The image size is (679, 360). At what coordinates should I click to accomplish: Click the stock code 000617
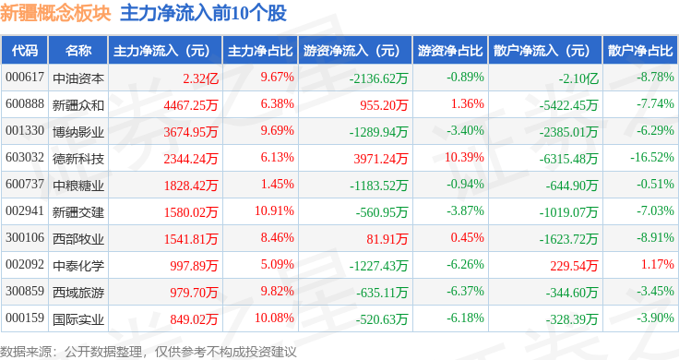tap(25, 78)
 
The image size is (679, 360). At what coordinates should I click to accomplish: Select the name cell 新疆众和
tap(78, 105)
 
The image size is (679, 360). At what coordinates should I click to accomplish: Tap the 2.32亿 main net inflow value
tap(200, 78)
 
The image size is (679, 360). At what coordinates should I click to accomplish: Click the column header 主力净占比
tap(260, 51)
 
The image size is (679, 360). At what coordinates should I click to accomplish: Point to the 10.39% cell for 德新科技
tap(464, 157)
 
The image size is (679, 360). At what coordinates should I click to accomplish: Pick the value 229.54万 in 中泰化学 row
tap(574, 266)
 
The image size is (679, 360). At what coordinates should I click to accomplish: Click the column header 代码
tap(25, 51)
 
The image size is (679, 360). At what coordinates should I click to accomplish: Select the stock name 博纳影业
tap(78, 132)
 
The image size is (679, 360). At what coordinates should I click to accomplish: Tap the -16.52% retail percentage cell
tap(652, 157)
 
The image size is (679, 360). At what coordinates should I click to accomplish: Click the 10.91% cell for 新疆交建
tap(275, 210)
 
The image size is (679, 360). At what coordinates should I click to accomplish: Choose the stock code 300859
tap(25, 291)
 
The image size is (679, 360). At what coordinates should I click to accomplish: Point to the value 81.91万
tap(387, 239)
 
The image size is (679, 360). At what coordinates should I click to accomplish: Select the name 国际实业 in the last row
tap(78, 319)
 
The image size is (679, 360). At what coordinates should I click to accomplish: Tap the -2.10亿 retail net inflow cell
tap(578, 78)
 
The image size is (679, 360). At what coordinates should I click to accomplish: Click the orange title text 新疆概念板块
tap(56, 13)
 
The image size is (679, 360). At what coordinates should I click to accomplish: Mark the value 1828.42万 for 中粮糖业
tap(191, 186)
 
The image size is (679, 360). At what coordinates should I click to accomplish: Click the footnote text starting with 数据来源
tap(149, 352)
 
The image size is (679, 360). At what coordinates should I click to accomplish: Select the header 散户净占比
tap(640, 51)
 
